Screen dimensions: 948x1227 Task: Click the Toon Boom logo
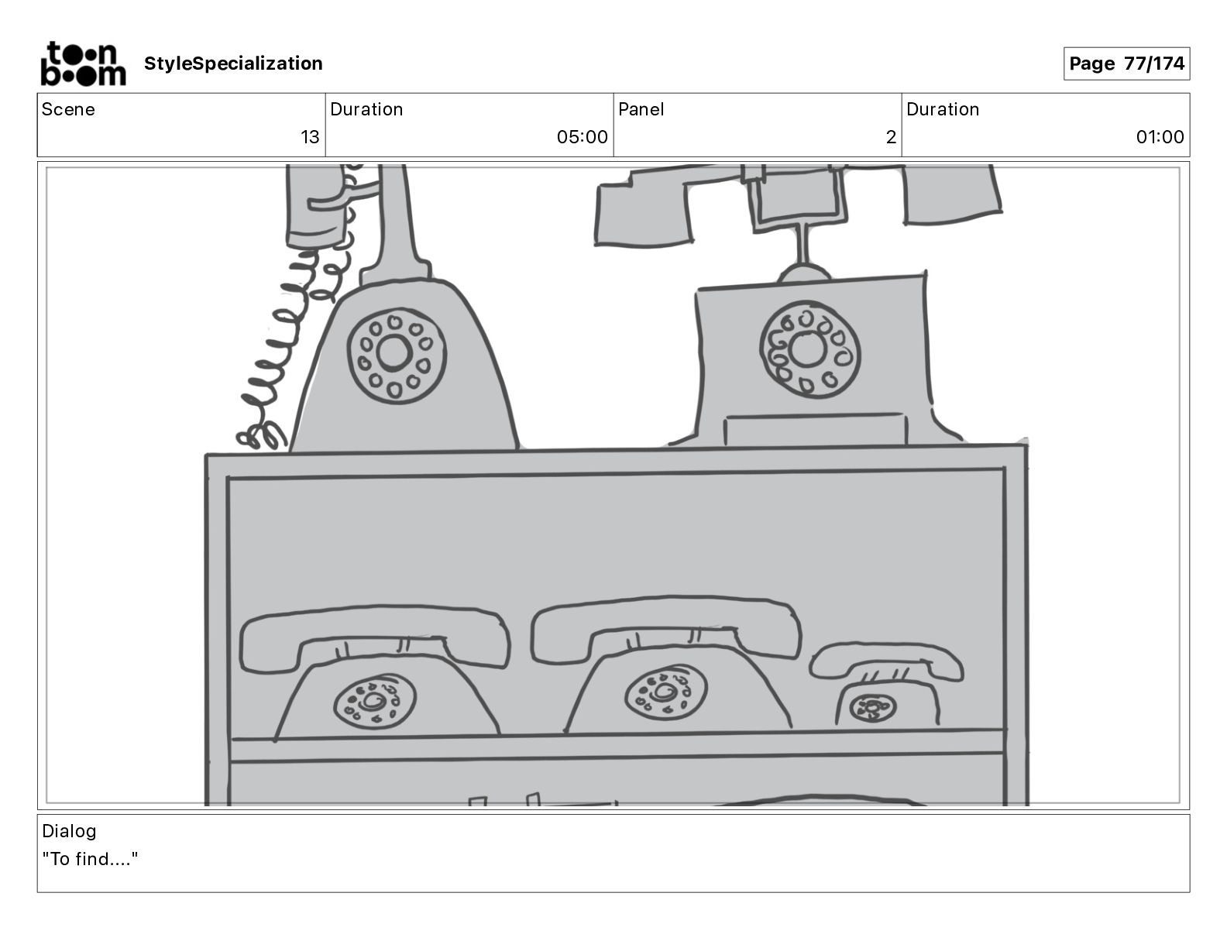click(82, 64)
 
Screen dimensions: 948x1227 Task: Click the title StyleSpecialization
click(233, 64)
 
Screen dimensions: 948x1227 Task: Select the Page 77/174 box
click(1126, 64)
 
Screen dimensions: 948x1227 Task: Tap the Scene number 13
click(310, 137)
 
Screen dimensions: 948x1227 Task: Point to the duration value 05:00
click(582, 137)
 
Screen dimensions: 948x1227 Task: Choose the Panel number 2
click(891, 137)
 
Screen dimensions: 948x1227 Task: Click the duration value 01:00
click(1160, 137)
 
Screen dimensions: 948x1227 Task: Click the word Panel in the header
click(641, 109)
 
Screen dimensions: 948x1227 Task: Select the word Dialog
click(69, 831)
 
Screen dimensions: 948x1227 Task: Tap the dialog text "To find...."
click(90, 859)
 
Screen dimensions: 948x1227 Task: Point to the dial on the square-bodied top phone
click(809, 350)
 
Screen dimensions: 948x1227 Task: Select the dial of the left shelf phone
click(374, 702)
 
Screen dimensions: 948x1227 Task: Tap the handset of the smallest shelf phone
click(886, 658)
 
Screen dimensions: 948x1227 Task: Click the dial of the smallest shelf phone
click(871, 707)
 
